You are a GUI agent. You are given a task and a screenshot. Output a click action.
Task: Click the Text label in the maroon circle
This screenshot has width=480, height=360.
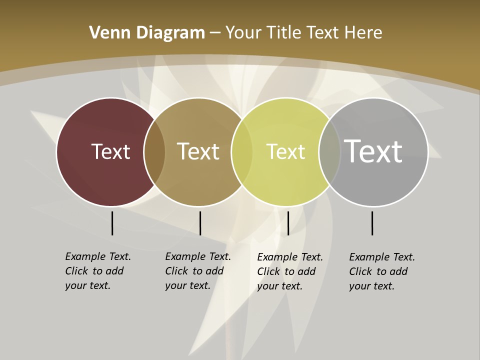(110, 151)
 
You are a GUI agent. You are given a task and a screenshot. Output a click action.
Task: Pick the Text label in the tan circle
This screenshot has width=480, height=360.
(198, 151)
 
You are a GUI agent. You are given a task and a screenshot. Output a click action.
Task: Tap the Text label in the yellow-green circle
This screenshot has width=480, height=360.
(285, 152)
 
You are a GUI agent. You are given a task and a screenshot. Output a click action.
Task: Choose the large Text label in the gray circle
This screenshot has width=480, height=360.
(373, 151)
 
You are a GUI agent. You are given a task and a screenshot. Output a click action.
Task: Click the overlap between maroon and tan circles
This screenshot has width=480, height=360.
(154, 152)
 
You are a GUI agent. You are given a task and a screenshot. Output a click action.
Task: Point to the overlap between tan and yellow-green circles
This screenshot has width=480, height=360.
(242, 152)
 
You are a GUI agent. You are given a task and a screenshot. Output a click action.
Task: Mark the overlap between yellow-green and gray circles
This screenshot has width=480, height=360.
(329, 152)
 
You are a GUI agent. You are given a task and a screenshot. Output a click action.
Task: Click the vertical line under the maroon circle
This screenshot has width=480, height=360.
(112, 223)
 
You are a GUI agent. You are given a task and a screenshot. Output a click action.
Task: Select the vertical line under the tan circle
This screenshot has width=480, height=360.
(200, 223)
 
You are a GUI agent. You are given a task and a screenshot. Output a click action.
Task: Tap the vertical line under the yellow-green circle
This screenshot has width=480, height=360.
(288, 223)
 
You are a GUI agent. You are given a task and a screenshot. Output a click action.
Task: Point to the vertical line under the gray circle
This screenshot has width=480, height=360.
(372, 223)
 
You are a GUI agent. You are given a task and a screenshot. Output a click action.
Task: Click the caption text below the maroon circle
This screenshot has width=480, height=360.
(97, 271)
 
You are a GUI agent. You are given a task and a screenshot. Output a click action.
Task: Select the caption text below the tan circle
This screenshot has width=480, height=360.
(197, 271)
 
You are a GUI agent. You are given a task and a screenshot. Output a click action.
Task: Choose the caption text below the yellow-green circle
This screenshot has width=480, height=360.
(289, 271)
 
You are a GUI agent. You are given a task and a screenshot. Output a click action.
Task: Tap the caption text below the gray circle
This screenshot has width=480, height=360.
(381, 271)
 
